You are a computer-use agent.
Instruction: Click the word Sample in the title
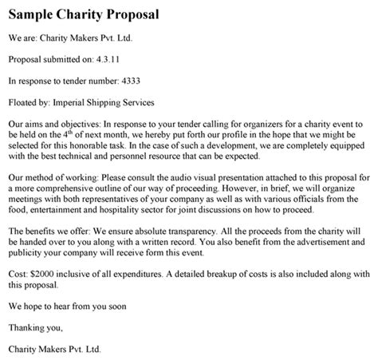tap(32, 15)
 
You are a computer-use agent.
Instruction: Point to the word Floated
tap(23, 102)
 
